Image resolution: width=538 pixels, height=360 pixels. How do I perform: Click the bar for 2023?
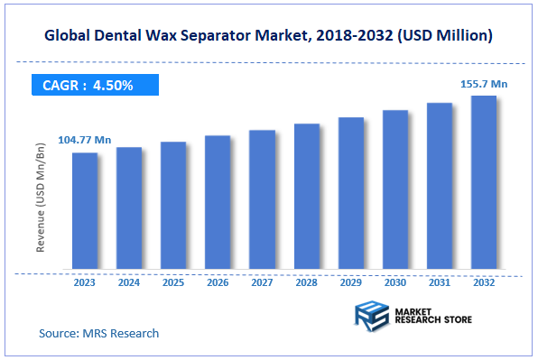pos(85,211)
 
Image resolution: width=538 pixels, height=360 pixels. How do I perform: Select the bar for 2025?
pos(173,206)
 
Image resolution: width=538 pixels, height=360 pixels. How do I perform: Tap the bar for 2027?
pos(262,200)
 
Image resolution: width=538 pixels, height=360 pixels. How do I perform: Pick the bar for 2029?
pos(351,194)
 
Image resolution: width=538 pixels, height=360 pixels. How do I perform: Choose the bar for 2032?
pos(484,182)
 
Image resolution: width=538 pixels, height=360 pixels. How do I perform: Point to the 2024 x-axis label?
pos(129,281)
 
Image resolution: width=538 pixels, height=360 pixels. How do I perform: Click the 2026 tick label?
pos(218,281)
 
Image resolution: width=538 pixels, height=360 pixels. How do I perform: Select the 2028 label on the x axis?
pos(307,281)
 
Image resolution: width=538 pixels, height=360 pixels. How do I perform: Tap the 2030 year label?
pos(395,281)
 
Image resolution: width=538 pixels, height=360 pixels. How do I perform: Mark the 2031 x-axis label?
pos(440,281)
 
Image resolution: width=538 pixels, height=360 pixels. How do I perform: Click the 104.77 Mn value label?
pos(84,140)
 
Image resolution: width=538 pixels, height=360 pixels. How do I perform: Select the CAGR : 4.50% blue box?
pos(90,86)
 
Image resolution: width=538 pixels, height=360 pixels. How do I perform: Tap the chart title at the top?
pos(269,35)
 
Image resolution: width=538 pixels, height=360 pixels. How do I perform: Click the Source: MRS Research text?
pos(98,333)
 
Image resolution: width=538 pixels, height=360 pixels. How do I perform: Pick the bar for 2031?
pos(440,187)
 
